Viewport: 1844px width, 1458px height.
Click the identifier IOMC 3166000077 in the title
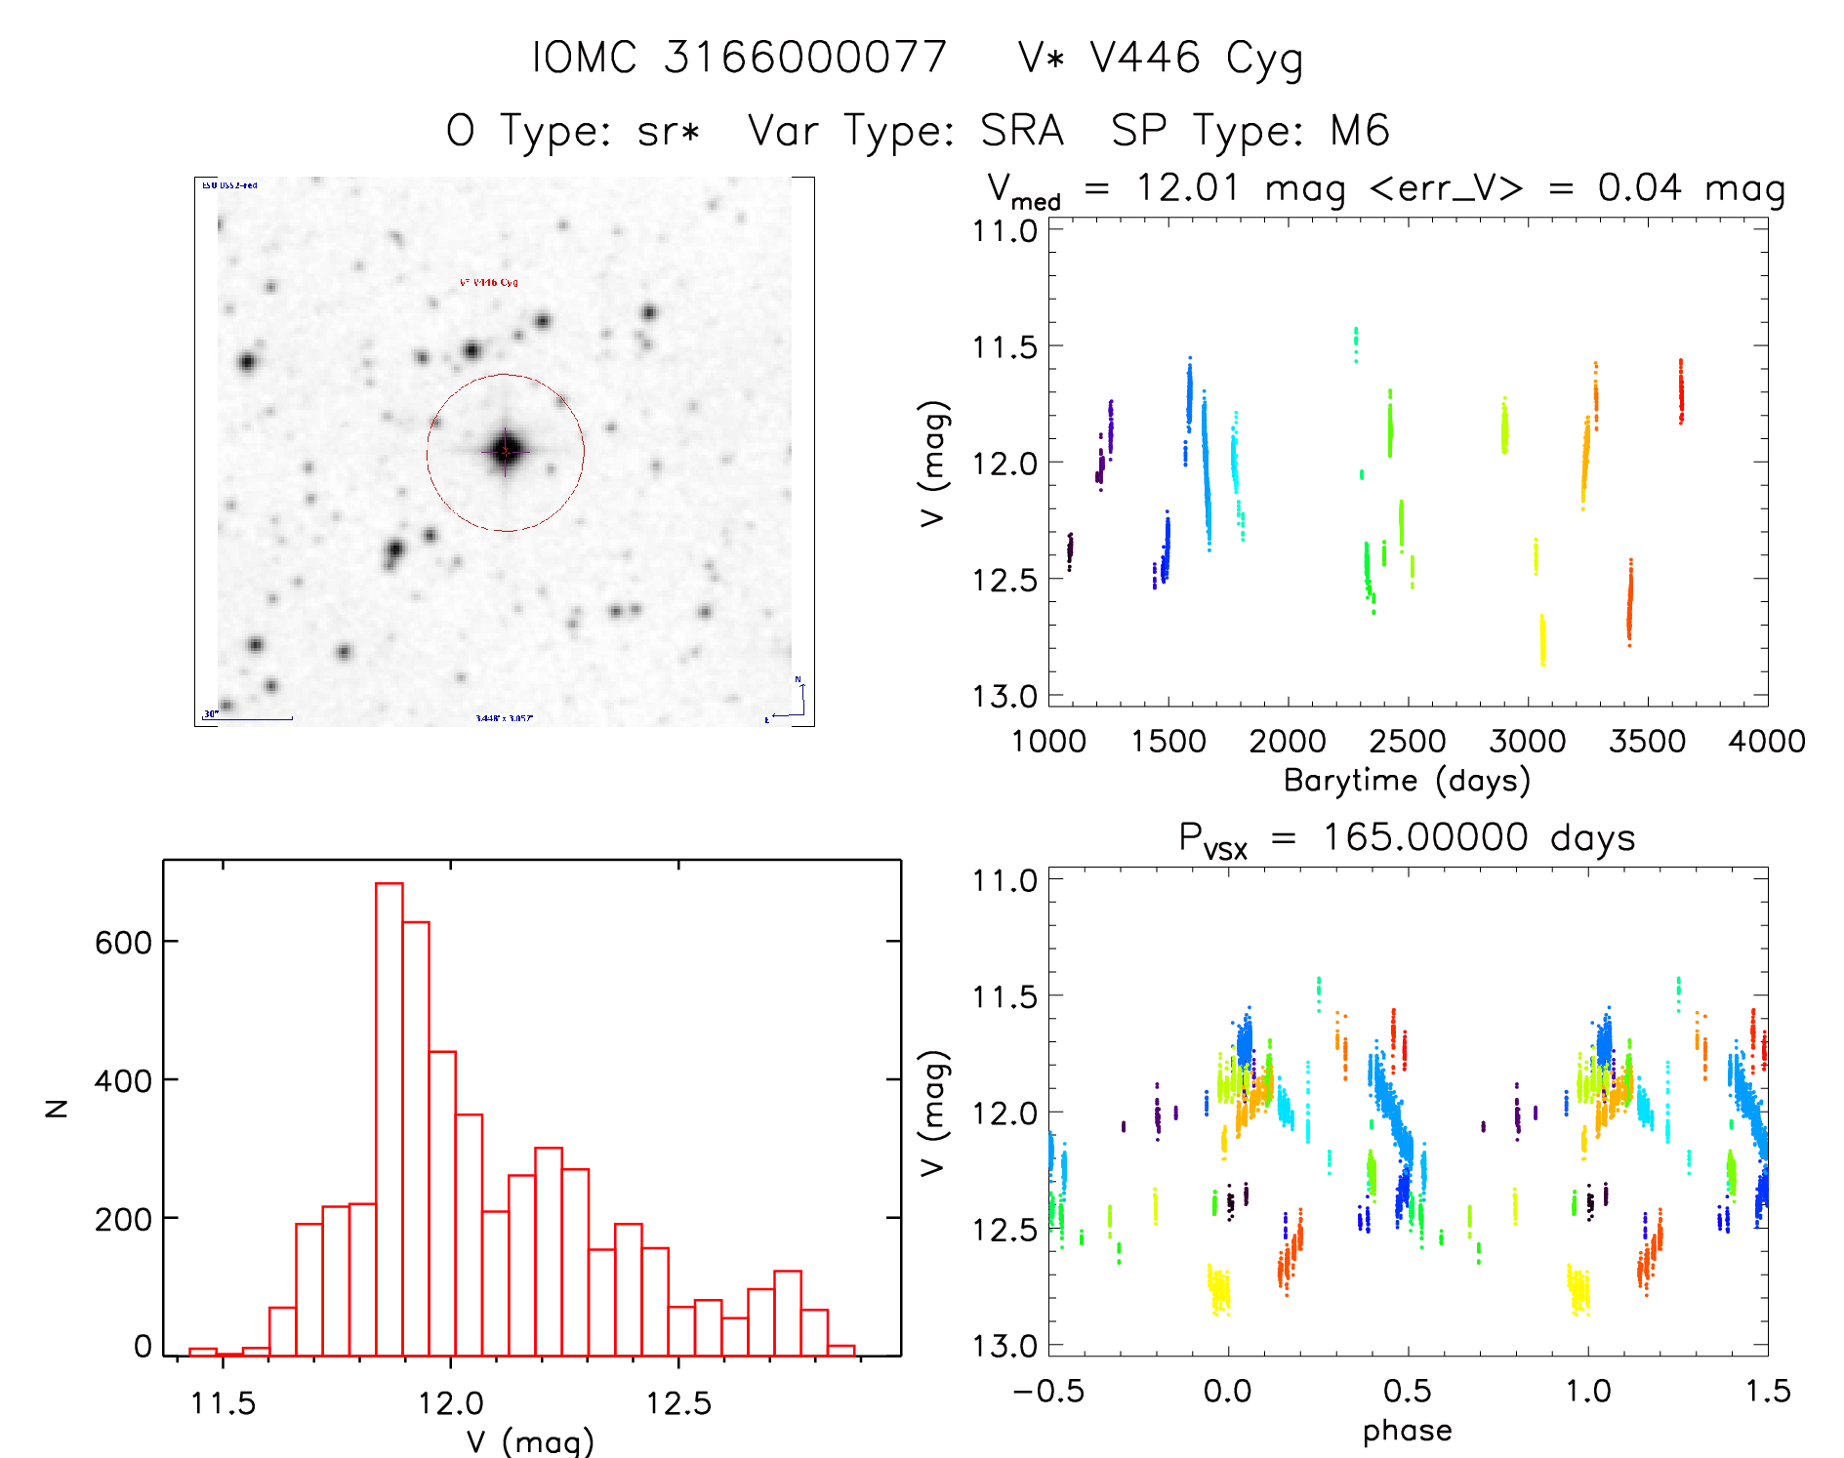click(x=739, y=58)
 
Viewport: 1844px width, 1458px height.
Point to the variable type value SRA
click(x=1021, y=131)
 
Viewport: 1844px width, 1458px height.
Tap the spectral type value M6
click(x=1359, y=131)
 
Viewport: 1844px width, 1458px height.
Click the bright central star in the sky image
click(x=506, y=451)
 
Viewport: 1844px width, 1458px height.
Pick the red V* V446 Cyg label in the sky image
click(x=488, y=283)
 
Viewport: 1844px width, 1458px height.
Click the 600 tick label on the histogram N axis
click(x=123, y=942)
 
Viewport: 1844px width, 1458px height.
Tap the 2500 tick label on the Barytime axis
click(x=1407, y=742)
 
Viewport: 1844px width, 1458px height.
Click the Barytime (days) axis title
click(x=1406, y=781)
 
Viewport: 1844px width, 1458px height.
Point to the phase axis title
click(x=1407, y=1431)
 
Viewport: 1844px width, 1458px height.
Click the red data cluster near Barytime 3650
click(x=1681, y=391)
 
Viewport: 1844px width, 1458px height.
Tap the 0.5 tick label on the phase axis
click(x=1407, y=1392)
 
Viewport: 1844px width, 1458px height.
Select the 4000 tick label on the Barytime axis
click(x=1766, y=742)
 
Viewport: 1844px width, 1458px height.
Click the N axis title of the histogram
click(x=58, y=1108)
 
